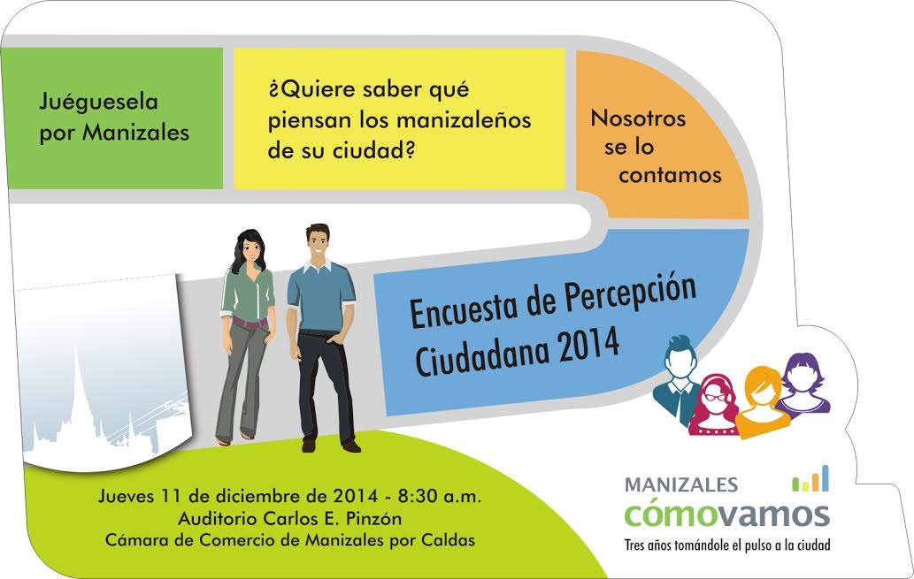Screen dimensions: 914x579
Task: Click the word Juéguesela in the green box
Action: point(98,102)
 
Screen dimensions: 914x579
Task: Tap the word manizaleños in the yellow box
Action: point(464,120)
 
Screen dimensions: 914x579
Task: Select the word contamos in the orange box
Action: point(671,175)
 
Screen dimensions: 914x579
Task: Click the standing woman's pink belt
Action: point(250,322)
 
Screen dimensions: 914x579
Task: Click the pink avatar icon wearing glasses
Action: point(713,406)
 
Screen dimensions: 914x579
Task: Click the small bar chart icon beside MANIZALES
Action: point(810,478)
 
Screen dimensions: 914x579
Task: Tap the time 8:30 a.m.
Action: point(440,496)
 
